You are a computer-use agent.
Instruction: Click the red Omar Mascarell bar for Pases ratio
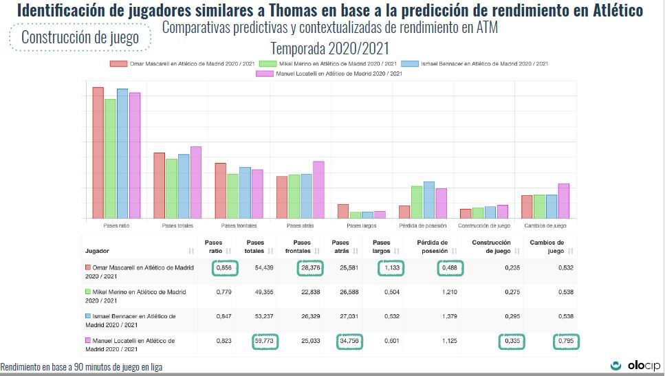coord(98,153)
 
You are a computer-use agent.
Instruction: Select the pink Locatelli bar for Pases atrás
coord(318,190)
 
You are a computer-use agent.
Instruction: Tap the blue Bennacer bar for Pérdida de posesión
coord(428,200)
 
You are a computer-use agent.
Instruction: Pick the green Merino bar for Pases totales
coord(172,188)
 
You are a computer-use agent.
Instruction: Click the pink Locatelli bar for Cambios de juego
coord(563,201)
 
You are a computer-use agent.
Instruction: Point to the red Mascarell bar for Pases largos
coord(342,211)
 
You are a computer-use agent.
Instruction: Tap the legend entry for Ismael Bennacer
coord(475,64)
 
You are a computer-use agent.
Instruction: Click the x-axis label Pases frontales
coord(239,225)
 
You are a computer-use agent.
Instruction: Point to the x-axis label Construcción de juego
coord(484,225)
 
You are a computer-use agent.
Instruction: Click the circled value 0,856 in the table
coord(224,267)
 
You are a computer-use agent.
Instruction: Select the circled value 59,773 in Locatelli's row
coord(264,342)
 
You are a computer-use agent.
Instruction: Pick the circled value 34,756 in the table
coord(349,342)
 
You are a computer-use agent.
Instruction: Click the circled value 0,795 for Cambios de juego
coord(565,342)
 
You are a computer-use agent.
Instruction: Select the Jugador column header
coord(97,251)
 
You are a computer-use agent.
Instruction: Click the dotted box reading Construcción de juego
coord(80,37)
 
